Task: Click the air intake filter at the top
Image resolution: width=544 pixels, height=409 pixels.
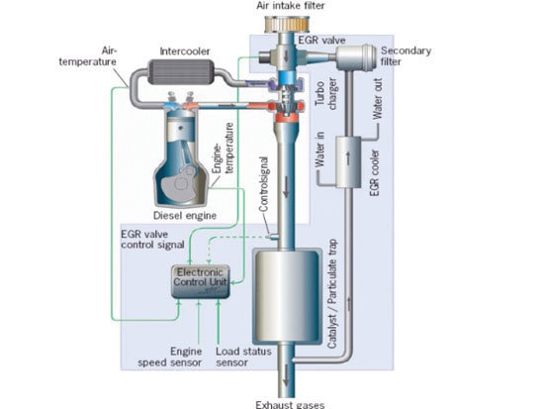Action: click(x=287, y=24)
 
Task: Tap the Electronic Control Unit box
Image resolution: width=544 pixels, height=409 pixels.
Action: click(x=201, y=282)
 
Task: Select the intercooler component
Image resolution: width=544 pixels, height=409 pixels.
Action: click(x=181, y=72)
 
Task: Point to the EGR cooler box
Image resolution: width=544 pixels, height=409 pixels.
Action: click(x=348, y=162)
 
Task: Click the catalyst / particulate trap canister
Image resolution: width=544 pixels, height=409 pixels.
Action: click(x=287, y=296)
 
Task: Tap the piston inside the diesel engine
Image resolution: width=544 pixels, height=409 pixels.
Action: click(x=181, y=133)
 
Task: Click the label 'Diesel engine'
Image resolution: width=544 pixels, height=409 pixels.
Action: click(x=185, y=216)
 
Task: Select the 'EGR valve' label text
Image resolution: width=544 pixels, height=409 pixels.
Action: click(x=321, y=41)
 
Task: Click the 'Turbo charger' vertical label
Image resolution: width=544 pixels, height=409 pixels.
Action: click(x=325, y=94)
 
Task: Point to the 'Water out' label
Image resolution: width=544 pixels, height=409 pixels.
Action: click(x=378, y=99)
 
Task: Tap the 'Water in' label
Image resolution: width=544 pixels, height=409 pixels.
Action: click(x=319, y=149)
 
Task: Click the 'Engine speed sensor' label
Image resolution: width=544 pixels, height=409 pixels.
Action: click(x=170, y=358)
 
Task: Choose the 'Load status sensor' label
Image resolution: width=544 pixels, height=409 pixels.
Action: click(x=243, y=358)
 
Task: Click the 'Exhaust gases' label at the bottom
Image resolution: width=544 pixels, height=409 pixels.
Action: click(x=290, y=405)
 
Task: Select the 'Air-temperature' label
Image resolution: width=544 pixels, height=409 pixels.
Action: click(x=88, y=56)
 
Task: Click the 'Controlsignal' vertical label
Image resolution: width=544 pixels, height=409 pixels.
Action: click(x=264, y=184)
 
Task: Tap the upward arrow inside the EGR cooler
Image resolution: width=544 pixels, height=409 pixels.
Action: click(x=348, y=158)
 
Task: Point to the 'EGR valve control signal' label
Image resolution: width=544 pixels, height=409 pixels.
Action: click(x=152, y=240)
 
